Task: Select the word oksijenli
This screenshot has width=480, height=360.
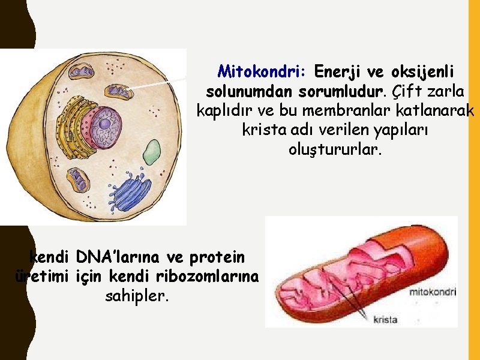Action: point(422,72)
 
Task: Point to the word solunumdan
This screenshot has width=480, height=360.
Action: point(248,92)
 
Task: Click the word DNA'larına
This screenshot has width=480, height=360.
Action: point(119,257)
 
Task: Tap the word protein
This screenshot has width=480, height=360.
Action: point(217,257)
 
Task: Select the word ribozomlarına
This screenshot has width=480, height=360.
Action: point(208,277)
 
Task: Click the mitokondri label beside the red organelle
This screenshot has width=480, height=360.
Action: point(432,292)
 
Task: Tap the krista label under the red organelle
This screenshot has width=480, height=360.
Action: point(385,319)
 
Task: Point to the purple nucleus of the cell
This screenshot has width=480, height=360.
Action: point(104,125)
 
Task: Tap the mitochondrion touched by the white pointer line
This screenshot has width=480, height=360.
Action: point(119,91)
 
